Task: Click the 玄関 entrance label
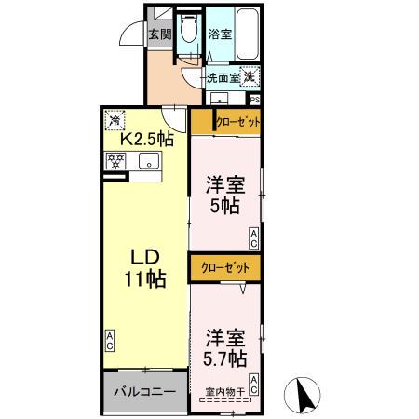click(x=159, y=35)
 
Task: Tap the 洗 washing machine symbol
click(x=250, y=78)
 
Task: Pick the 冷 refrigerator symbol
click(x=114, y=119)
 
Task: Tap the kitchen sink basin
click(x=149, y=162)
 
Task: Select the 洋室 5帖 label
click(x=224, y=194)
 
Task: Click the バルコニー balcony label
click(x=144, y=391)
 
